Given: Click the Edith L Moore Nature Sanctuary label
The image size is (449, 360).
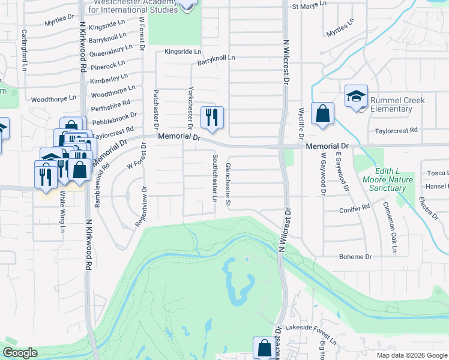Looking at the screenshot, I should tap(388, 179).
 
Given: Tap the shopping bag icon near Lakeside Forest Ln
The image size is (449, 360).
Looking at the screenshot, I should tap(264, 347).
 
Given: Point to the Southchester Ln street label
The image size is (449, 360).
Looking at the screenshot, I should tap(215, 178).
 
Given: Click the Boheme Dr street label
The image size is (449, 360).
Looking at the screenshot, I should tap(356, 256).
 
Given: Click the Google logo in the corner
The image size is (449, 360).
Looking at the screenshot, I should tap(20, 353).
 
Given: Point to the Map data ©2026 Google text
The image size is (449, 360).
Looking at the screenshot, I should tap(411, 355).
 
